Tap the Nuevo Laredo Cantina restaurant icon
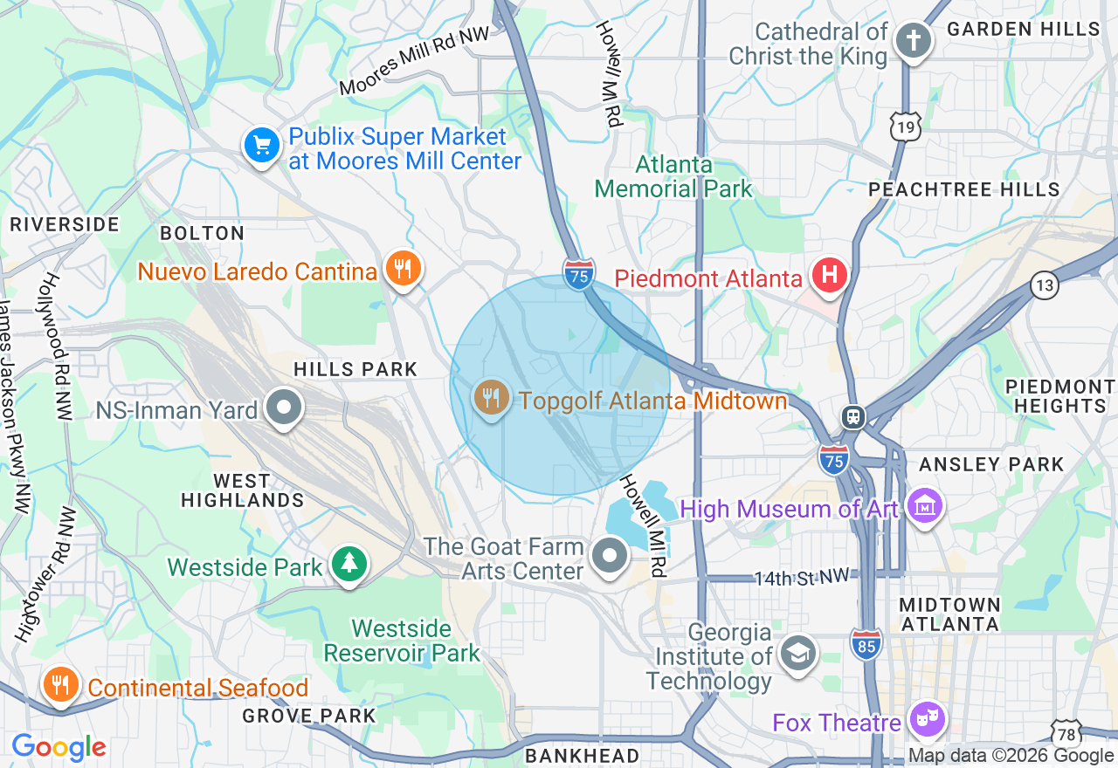coord(402,268)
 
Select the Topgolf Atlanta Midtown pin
coord(491,399)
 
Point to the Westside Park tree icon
coord(349,565)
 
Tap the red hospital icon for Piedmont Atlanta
coord(830,275)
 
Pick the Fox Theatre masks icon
coord(928,719)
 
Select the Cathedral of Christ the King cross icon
coord(913,41)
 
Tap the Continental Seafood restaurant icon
coord(60,686)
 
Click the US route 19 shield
coord(906,127)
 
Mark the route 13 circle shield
coord(1044,285)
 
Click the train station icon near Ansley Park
coord(853,417)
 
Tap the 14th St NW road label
coord(801,576)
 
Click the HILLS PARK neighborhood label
coord(355,369)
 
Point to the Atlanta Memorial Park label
coord(673,176)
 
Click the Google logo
coord(59,747)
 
